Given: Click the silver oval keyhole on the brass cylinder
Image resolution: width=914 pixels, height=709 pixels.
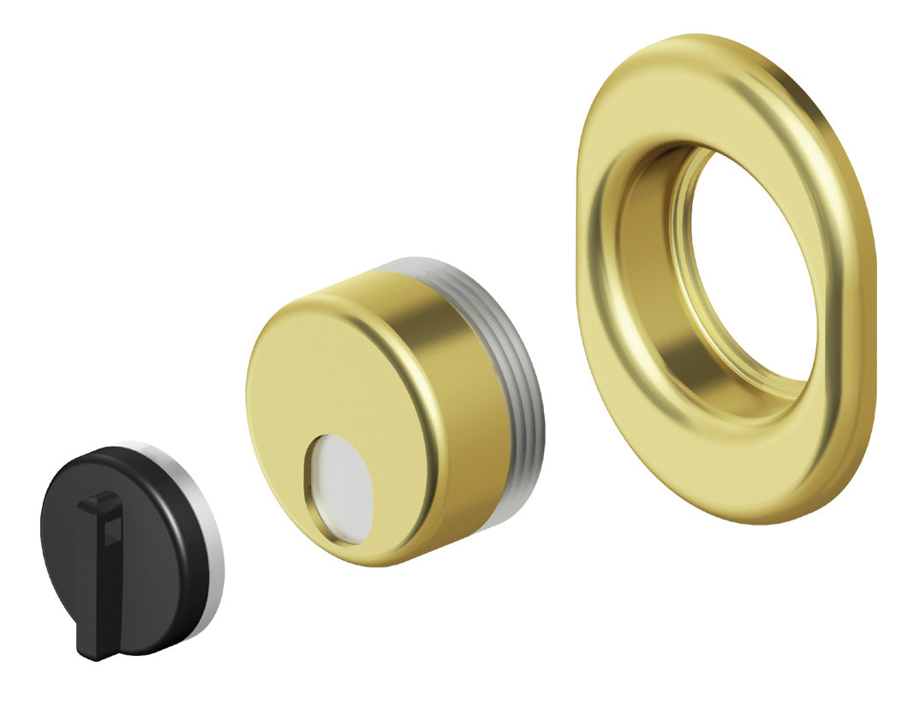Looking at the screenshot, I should click(x=340, y=489).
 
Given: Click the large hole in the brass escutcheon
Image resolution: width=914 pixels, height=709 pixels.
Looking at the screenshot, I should click(x=754, y=266).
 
